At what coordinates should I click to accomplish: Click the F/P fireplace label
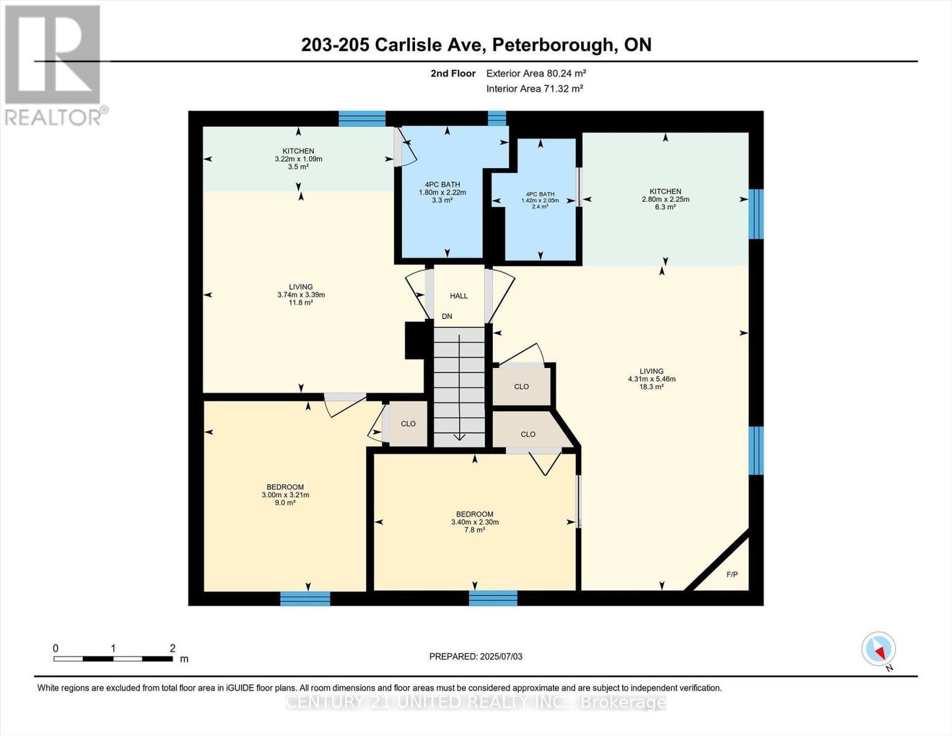point(732,575)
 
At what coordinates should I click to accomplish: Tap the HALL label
point(459,296)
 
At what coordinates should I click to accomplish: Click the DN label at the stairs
point(447,316)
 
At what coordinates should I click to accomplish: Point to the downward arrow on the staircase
point(459,429)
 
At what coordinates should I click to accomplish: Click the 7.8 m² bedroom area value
point(474,530)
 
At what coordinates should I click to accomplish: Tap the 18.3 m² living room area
point(651,387)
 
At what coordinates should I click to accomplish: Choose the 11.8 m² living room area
point(300,302)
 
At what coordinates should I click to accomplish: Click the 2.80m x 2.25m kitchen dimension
point(665,199)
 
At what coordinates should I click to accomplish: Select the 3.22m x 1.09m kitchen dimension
point(298,159)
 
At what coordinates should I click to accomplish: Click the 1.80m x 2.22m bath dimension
point(442,192)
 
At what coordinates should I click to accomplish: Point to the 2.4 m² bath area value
point(539,207)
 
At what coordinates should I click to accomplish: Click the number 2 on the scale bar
point(172,648)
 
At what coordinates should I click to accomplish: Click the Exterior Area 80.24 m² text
point(536,73)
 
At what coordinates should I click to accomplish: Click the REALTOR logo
point(53,64)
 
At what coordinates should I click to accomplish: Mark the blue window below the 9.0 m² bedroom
point(305,598)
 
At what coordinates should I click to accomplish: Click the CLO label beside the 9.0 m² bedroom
point(408,424)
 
